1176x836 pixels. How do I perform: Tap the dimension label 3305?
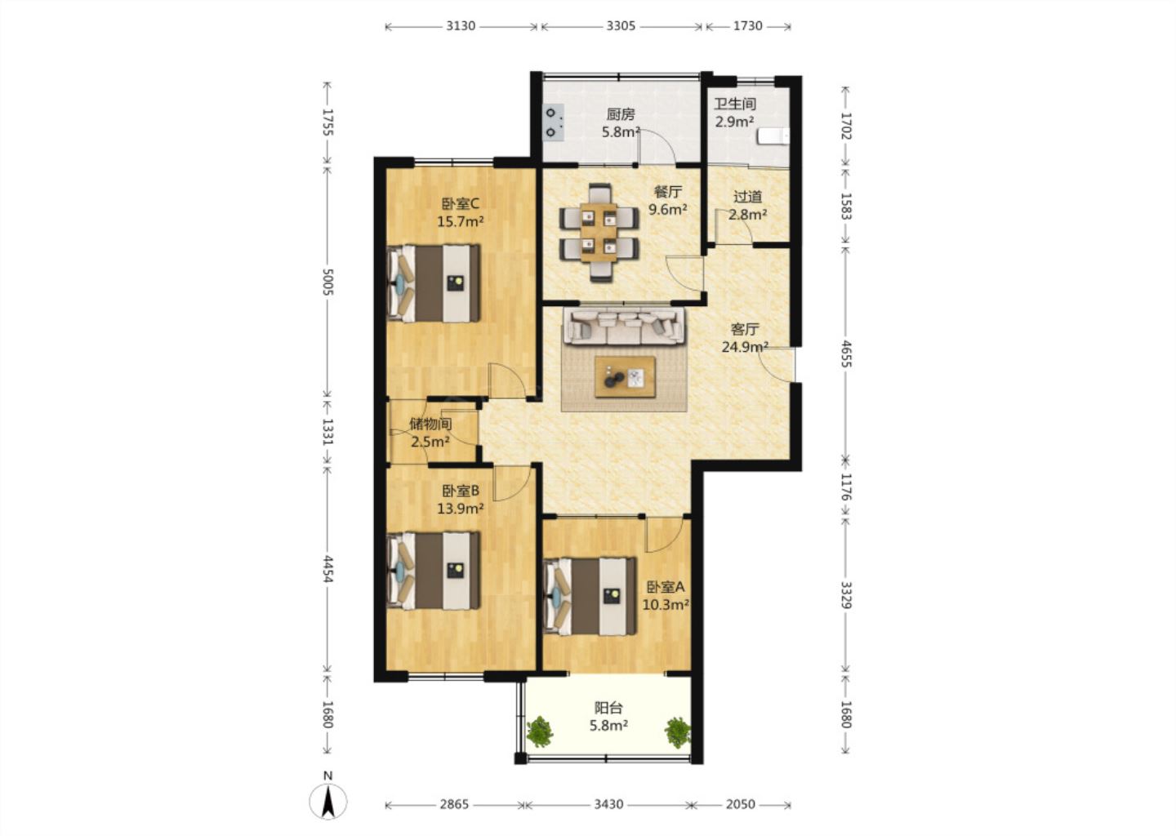[621, 25]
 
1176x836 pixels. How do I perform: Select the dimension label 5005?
[327, 282]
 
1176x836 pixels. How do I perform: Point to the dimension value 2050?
[740, 804]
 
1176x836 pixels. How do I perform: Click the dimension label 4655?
[846, 354]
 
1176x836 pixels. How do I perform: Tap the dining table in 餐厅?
[599, 233]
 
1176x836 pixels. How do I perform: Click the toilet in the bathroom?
[773, 136]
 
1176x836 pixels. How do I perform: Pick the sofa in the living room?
[624, 326]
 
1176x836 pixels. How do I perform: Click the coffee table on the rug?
[625, 377]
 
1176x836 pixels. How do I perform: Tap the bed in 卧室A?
[590, 596]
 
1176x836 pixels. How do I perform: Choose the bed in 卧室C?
[434, 283]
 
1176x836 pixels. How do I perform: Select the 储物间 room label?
[430, 424]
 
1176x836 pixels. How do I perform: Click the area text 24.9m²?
[745, 347]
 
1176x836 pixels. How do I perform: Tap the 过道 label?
[747, 197]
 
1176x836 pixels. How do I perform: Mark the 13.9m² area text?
[461, 508]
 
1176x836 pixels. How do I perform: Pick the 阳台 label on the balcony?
[608, 708]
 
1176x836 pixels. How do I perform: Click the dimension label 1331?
[327, 432]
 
